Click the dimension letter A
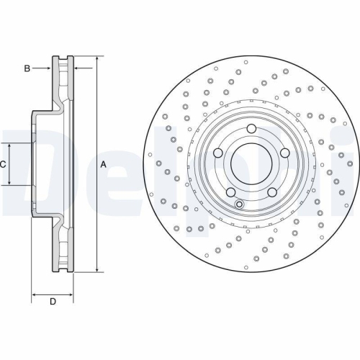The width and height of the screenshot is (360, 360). pos(103,165)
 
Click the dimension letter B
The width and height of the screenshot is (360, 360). pos(27,68)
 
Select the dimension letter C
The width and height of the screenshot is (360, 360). pos(3,164)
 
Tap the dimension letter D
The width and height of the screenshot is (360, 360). pos(53,301)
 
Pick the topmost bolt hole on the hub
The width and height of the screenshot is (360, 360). pos(251,129)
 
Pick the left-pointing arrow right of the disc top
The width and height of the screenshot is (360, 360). pos(78,68)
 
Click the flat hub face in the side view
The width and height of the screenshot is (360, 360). pos(32,164)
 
